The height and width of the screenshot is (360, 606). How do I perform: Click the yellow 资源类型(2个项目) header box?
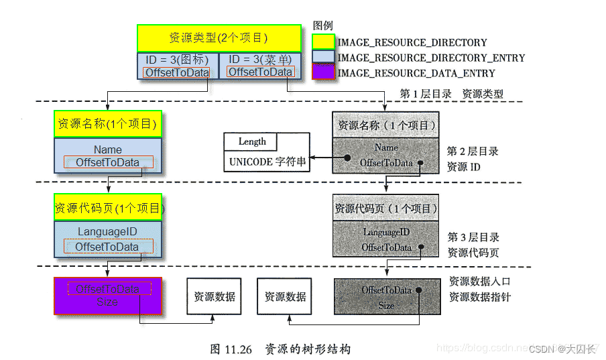click(x=219, y=38)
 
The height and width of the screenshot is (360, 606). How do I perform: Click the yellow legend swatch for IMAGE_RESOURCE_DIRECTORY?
click(x=324, y=42)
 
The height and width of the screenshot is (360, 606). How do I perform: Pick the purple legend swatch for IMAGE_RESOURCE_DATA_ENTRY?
click(x=324, y=72)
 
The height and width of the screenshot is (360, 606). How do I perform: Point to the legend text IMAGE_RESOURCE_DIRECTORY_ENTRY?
click(x=431, y=58)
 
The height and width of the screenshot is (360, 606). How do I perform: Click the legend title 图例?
click(x=323, y=25)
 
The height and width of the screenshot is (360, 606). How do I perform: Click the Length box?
click(x=252, y=142)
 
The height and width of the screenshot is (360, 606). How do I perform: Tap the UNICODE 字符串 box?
click(x=267, y=162)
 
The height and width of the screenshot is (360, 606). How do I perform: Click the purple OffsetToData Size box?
click(x=107, y=296)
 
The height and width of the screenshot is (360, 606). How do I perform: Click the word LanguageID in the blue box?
click(x=107, y=231)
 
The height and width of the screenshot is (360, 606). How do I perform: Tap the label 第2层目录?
click(x=473, y=152)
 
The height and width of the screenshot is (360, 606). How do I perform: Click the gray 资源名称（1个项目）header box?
click(x=386, y=125)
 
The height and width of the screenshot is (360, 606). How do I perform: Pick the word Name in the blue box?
click(x=107, y=149)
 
